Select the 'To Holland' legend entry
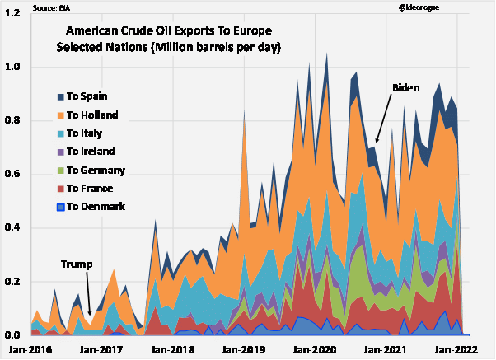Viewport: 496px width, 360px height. (x=91, y=115)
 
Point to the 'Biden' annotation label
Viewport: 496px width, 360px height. (x=406, y=87)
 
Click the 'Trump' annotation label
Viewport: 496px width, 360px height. (x=76, y=264)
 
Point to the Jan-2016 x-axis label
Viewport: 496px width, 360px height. (x=25, y=349)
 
